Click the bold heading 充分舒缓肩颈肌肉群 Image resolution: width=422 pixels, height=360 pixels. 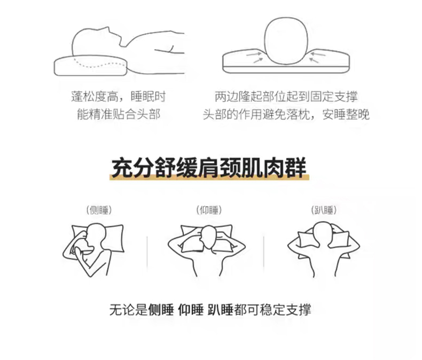(209, 168)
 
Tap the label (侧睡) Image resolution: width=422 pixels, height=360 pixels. (99, 210)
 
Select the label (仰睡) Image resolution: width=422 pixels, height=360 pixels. (209, 210)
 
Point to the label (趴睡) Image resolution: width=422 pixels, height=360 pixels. (324, 210)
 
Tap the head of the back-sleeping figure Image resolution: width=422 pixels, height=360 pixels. (209, 237)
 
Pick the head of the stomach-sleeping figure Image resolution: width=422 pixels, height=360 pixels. (323, 233)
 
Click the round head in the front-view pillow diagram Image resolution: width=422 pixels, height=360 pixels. (286, 41)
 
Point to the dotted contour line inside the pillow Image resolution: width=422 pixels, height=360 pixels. (100, 64)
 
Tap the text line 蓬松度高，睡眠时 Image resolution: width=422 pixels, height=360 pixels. (119, 97)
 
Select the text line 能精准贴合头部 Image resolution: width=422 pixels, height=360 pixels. (119, 114)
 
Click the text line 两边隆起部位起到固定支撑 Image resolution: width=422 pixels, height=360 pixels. (286, 97)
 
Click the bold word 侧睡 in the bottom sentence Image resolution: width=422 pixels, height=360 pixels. (161, 310)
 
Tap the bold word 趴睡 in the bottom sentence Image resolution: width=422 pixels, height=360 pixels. (221, 310)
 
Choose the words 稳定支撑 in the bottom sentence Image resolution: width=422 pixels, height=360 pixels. (286, 310)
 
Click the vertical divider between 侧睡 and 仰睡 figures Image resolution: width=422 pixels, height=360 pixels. (147, 252)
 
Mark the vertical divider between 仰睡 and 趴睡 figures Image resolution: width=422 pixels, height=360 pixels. (263, 252)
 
